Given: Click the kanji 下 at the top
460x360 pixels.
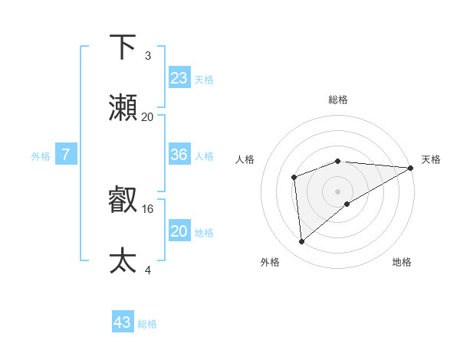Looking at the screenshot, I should tap(123, 47).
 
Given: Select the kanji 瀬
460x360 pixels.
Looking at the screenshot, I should tap(123, 108).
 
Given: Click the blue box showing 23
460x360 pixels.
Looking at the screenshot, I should tap(179, 78).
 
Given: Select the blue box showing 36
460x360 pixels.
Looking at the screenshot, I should tap(179, 155).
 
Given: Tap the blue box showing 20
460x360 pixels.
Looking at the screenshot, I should tap(179, 231).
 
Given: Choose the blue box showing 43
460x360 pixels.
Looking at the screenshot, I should tap(123, 322).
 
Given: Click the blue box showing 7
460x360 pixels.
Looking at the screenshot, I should tap(66, 155).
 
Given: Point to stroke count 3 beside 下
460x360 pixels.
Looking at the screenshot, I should tap(148, 55).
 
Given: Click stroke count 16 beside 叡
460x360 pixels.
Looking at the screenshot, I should tap(148, 208).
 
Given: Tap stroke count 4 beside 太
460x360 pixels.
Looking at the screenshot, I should tap(148, 270).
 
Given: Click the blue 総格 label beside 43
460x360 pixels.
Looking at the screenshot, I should tap(147, 324).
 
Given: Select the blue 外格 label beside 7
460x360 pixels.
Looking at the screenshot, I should tap(41, 156).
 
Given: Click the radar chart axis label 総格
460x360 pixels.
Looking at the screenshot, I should tap(337, 100).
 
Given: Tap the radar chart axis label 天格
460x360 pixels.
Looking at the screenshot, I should tap(431, 159).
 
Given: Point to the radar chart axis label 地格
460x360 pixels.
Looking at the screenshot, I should tap(402, 262).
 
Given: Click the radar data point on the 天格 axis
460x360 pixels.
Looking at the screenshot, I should tap(411, 168).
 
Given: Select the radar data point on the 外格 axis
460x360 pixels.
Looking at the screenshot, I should tap(301, 241).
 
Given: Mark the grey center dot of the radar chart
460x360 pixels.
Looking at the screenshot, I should tap(337, 191).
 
